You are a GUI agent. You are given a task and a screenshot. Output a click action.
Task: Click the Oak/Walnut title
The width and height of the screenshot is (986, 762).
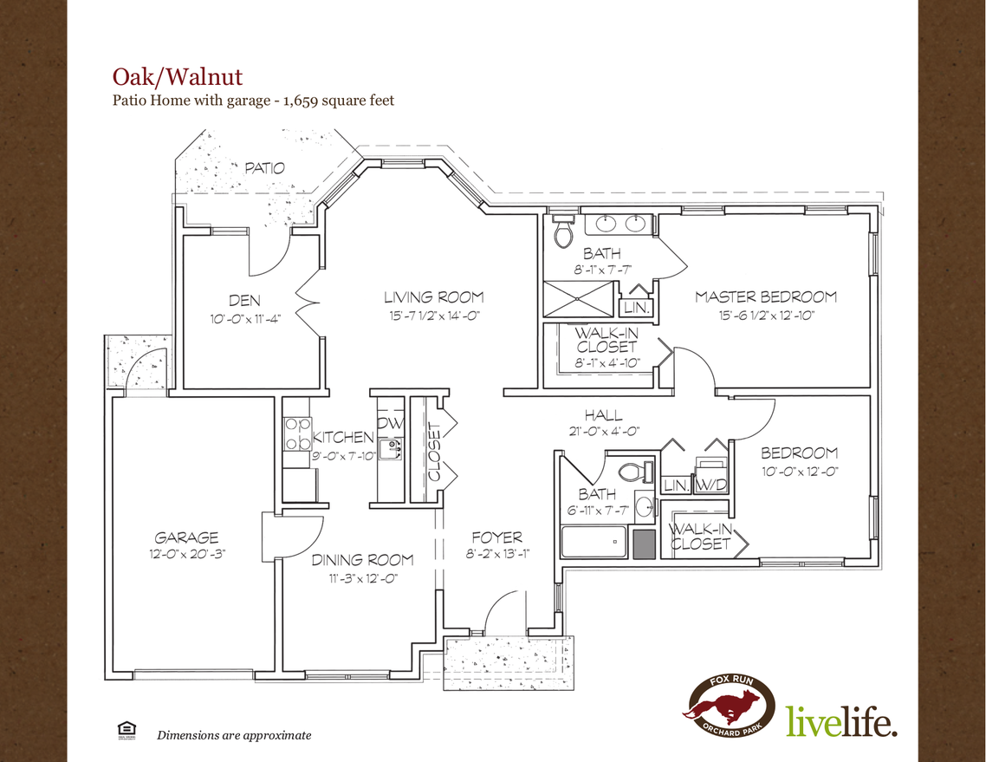click(x=178, y=76)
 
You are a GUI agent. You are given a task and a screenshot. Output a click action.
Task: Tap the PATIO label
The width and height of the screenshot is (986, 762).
click(x=264, y=168)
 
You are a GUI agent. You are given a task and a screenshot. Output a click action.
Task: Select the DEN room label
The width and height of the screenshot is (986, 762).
click(x=244, y=300)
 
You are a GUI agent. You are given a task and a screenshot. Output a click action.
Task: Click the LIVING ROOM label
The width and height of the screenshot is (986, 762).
click(x=433, y=297)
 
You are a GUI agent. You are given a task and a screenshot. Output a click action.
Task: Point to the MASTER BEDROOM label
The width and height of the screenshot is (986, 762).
click(x=766, y=297)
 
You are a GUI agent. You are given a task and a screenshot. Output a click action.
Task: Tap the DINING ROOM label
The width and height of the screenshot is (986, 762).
click(x=362, y=560)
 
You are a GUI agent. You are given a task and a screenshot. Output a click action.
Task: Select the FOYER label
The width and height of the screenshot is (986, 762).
click(x=496, y=537)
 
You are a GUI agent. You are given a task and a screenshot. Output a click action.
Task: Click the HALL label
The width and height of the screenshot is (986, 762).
click(x=603, y=415)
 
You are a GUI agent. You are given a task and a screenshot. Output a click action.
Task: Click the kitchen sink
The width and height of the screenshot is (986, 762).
click(x=393, y=447)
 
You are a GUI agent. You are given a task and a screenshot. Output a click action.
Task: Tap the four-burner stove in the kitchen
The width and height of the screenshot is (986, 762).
click(x=298, y=433)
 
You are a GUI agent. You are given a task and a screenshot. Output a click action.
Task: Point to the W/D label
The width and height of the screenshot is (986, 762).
click(x=712, y=484)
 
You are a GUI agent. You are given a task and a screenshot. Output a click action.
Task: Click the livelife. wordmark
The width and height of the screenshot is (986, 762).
click(x=840, y=721)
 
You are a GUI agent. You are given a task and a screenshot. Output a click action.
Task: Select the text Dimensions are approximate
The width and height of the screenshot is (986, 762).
click(x=233, y=735)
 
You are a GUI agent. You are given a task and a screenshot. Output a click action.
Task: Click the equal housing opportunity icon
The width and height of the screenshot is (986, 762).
click(x=124, y=731)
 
